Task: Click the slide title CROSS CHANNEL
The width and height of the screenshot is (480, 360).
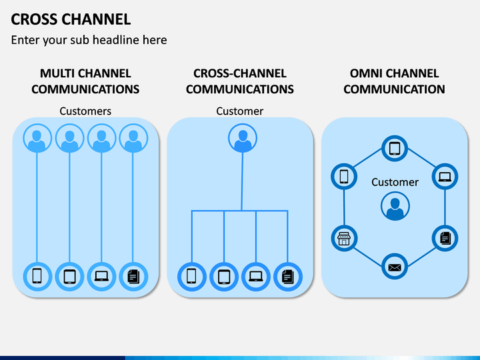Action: tap(71, 19)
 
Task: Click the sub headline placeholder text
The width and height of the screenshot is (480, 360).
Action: tap(89, 40)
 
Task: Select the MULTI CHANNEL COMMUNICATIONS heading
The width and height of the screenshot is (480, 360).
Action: tap(85, 81)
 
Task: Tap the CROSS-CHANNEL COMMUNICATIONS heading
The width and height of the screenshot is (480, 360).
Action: tap(240, 81)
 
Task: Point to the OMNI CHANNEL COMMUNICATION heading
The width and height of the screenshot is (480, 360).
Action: tap(394, 81)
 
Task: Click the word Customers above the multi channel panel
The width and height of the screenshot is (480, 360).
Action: tap(85, 111)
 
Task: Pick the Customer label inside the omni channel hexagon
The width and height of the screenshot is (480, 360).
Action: tap(395, 182)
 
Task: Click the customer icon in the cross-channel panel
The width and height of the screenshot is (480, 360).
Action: tap(243, 138)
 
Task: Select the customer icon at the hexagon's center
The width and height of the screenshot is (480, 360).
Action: tap(395, 206)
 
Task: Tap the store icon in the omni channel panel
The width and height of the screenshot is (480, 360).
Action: tap(344, 239)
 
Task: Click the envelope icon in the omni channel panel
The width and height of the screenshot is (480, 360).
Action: tap(395, 267)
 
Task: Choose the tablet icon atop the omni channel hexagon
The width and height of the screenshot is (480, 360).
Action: tap(395, 149)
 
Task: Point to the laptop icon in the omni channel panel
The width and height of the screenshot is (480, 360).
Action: tap(445, 177)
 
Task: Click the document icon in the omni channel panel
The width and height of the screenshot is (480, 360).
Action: tap(445, 239)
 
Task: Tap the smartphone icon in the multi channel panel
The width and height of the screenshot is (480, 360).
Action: tap(37, 277)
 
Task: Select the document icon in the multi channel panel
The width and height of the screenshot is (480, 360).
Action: tap(133, 277)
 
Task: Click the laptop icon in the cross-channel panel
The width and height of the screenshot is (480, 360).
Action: tap(256, 277)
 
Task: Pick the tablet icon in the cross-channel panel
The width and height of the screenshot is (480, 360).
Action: tap(224, 277)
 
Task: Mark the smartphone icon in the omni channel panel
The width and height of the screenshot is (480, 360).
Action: tap(344, 177)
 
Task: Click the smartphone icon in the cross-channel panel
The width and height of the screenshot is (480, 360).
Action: tap(192, 277)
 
